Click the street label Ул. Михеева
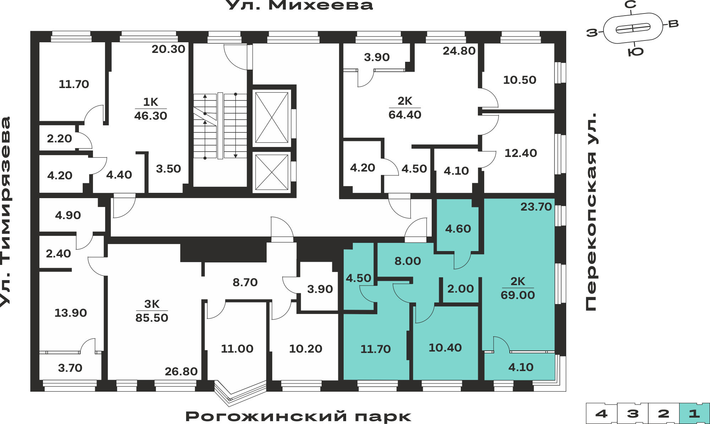299,5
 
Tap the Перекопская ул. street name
591,212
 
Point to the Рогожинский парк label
298,416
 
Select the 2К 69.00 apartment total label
518,288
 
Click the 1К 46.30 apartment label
151,109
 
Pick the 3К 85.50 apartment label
152,311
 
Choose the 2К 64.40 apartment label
405,108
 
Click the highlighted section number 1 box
694,413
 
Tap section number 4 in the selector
601,413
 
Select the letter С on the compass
630,5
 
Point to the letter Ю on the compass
635,52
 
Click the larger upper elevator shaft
272,118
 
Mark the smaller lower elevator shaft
272,172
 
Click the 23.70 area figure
536,207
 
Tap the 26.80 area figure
181,371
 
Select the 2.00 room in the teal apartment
460,289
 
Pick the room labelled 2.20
59,138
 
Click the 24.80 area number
459,51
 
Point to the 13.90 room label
71,313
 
